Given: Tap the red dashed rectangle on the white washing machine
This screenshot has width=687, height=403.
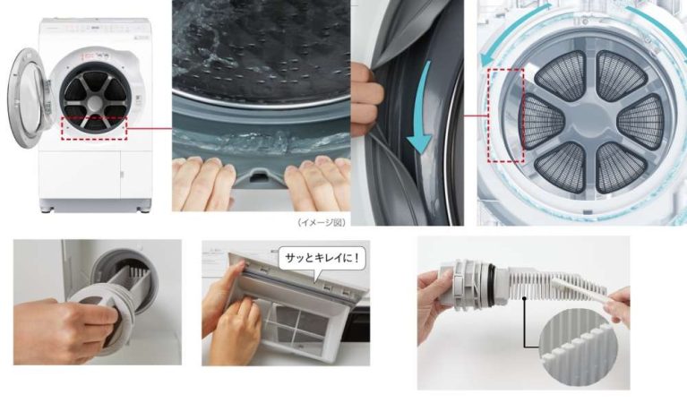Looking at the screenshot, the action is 94,128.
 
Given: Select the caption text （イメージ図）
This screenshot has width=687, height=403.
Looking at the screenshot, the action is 322,222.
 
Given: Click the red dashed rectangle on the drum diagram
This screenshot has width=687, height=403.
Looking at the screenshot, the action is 506,116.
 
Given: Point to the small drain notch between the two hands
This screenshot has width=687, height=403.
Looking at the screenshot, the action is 260,176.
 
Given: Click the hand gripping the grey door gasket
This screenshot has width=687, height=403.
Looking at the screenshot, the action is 365,99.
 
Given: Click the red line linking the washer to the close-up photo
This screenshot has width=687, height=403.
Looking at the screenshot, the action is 150,129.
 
